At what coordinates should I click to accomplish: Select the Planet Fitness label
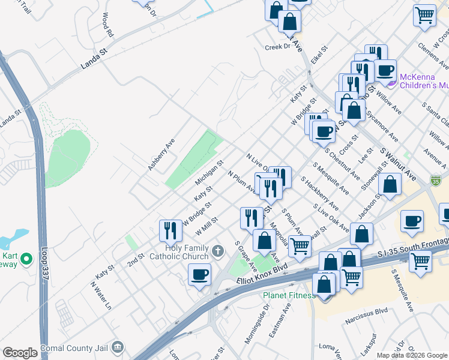pos(289,295)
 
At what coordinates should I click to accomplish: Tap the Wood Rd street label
pos(107,25)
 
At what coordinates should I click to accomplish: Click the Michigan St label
pos(209,172)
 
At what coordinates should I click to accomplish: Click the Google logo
pos(20,353)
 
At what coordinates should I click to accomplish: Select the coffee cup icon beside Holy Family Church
pos(199,275)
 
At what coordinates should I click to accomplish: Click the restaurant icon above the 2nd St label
pos(170,230)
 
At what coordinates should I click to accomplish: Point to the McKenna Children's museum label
pos(415,81)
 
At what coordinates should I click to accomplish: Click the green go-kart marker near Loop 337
pos(26,259)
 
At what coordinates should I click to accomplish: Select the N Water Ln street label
pos(100,295)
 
